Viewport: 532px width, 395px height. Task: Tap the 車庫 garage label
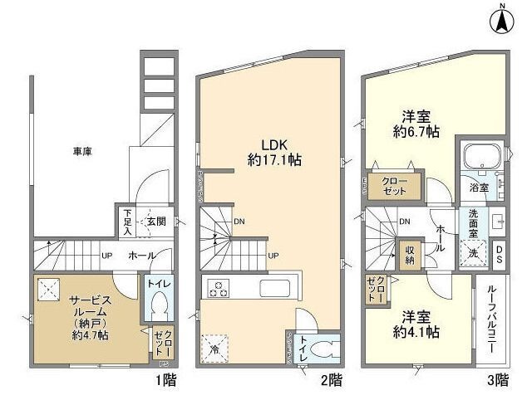81,152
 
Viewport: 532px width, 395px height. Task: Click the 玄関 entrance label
156,222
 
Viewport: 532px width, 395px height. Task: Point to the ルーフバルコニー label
492,319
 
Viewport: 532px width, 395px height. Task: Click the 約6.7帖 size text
416,133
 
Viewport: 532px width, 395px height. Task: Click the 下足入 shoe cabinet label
128,222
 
